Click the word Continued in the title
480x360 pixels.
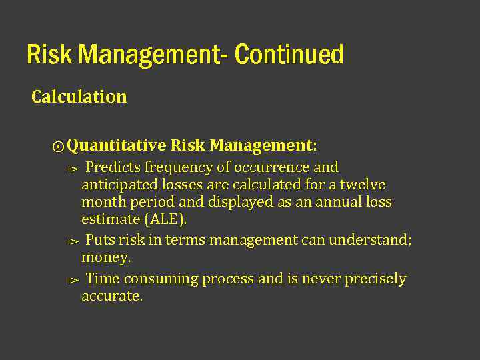tap(289, 55)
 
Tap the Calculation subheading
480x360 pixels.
tap(79, 97)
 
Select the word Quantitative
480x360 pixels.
tap(117, 145)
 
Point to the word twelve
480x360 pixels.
tap(363, 185)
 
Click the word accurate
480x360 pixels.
tap(112, 296)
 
